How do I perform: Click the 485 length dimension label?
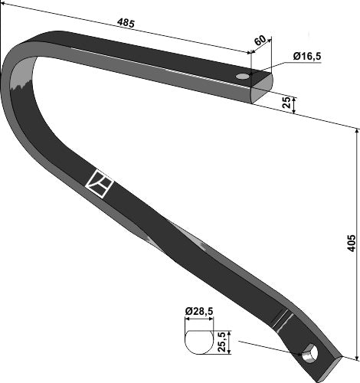point(126,23)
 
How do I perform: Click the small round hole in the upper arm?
point(243,77)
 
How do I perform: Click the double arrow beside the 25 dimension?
point(294,104)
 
